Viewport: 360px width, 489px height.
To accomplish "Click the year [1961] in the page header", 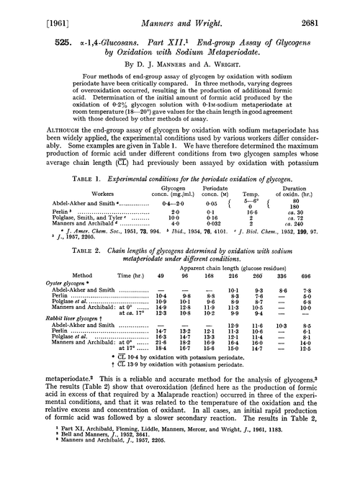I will coord(27,9).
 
